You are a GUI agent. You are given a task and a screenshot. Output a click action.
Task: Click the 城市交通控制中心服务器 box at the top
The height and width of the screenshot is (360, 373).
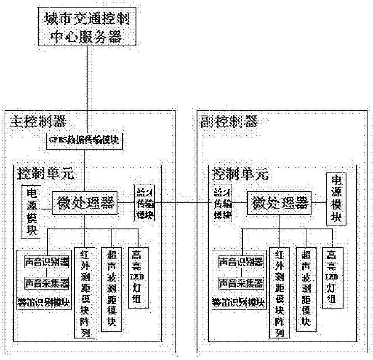(x=88, y=27)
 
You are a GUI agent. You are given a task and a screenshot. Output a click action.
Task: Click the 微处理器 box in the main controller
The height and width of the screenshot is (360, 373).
(x=84, y=203)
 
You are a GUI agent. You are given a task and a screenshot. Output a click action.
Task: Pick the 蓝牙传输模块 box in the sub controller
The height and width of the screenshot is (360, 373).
(x=222, y=203)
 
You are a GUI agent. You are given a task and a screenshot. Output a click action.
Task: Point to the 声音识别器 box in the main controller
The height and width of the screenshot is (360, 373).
(x=47, y=262)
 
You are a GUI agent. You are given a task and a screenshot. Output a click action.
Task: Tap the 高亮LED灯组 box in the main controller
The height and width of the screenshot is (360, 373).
(x=138, y=277)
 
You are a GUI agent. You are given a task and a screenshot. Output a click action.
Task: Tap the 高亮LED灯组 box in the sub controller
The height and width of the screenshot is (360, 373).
(x=333, y=277)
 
